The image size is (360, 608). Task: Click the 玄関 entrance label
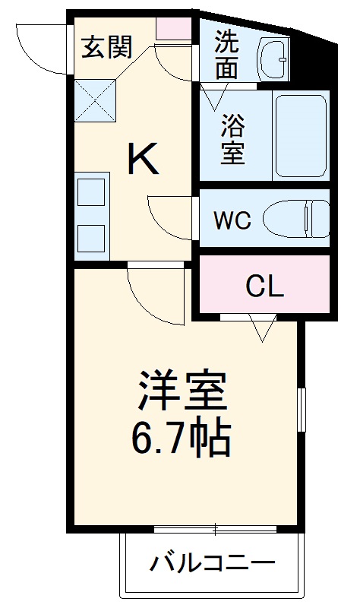click(x=107, y=47)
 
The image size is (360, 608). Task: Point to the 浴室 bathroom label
click(x=232, y=139)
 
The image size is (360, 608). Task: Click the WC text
click(x=231, y=220)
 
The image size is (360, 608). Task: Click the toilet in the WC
click(x=296, y=219)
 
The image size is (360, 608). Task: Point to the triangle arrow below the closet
click(x=262, y=328)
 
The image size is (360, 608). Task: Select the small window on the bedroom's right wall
click(x=302, y=411)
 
